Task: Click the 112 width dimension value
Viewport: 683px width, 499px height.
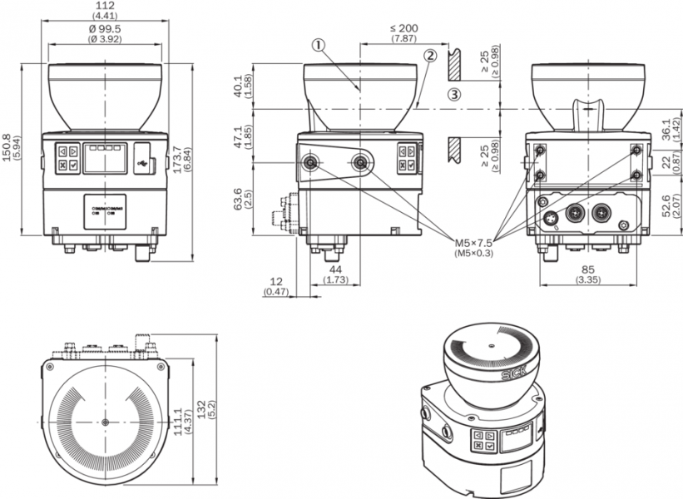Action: point(104,7)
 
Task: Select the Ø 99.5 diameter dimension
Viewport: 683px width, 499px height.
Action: point(105,28)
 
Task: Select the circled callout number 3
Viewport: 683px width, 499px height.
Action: point(453,94)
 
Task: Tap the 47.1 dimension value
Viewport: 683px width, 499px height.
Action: point(239,133)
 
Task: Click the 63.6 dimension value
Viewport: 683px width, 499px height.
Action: point(239,200)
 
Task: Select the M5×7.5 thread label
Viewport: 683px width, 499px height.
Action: point(473,242)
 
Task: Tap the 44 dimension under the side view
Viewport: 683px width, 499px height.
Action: point(336,270)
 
